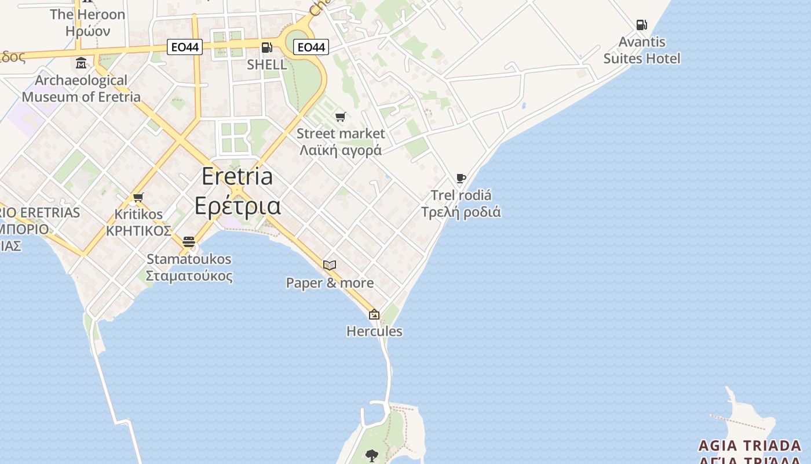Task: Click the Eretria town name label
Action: [238, 176]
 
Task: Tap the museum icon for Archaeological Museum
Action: [81, 63]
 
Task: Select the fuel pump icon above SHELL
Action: [266, 48]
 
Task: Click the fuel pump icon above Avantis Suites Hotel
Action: [641, 25]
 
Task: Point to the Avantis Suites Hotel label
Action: [642, 50]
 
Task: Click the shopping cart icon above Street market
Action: [341, 117]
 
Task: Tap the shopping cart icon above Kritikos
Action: [138, 198]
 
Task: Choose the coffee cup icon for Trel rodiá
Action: [461, 178]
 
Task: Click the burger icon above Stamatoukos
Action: [189, 242]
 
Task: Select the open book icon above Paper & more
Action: [330, 266]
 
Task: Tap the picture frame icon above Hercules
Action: [374, 315]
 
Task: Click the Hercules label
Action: [374, 331]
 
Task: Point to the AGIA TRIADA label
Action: [750, 445]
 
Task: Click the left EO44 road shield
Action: [185, 47]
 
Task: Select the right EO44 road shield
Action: [311, 47]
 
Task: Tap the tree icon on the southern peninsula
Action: [372, 456]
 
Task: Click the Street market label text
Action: [341, 133]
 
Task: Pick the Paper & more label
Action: [330, 283]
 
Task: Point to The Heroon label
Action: [87, 14]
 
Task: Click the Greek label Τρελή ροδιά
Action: [461, 212]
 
